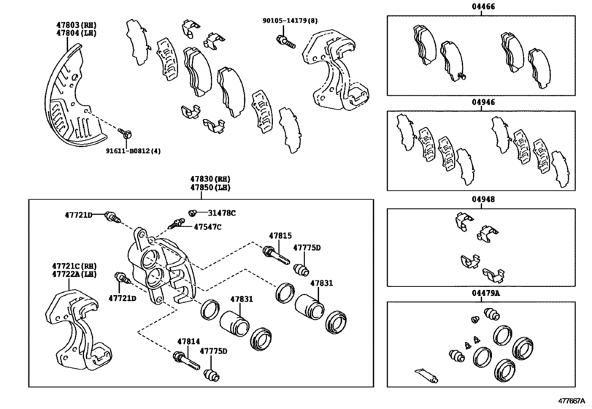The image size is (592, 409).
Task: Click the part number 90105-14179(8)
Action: [x=290, y=20]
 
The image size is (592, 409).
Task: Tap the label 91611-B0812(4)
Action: [x=133, y=151]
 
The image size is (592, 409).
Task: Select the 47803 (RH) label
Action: [x=76, y=25]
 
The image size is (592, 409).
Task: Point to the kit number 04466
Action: [x=481, y=7]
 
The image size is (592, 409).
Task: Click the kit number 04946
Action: [x=481, y=102]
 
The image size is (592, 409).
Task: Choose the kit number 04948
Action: [x=481, y=199]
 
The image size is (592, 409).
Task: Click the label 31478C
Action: [x=222, y=213]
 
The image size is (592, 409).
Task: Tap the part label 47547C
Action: [x=207, y=227]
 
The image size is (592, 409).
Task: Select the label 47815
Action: [x=280, y=236]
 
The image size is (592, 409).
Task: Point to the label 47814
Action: [x=188, y=341]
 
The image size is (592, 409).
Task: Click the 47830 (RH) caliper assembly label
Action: [x=210, y=179]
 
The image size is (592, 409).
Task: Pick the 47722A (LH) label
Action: [x=74, y=274]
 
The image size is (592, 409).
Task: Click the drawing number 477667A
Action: [x=572, y=400]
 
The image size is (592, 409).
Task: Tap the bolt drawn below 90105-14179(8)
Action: [x=286, y=42]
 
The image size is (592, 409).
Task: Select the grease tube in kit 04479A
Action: [x=426, y=375]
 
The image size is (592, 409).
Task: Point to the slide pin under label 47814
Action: [x=186, y=361]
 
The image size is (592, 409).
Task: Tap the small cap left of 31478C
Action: [x=193, y=213]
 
